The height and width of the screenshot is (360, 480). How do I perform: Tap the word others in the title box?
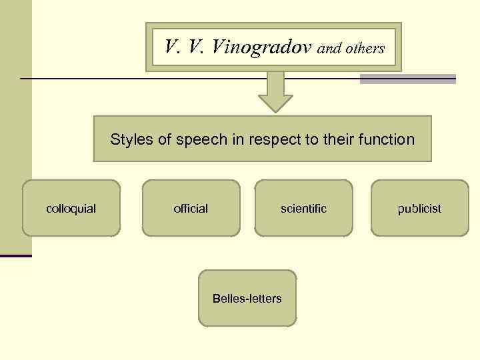pos(365,49)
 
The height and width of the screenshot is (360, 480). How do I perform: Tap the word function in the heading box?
pos(385,139)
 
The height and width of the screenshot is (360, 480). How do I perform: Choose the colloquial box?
pos(71,208)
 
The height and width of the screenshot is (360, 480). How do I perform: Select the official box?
pos(191,208)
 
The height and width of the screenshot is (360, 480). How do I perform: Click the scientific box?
pos(304,208)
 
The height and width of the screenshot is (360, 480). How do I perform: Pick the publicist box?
pos(419,208)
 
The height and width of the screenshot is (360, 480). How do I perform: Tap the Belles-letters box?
pos(247,298)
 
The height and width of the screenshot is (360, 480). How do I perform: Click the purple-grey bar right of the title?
pos(407,79)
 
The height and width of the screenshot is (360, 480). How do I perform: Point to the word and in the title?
pos(329,49)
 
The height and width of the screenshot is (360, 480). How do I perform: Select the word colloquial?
pos(71,209)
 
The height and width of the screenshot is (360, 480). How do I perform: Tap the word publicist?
pos(419,209)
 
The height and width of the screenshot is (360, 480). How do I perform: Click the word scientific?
pos(304,209)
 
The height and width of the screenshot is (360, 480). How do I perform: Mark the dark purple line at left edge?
pos(16,255)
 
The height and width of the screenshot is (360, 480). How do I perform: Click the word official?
pos(191,209)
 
